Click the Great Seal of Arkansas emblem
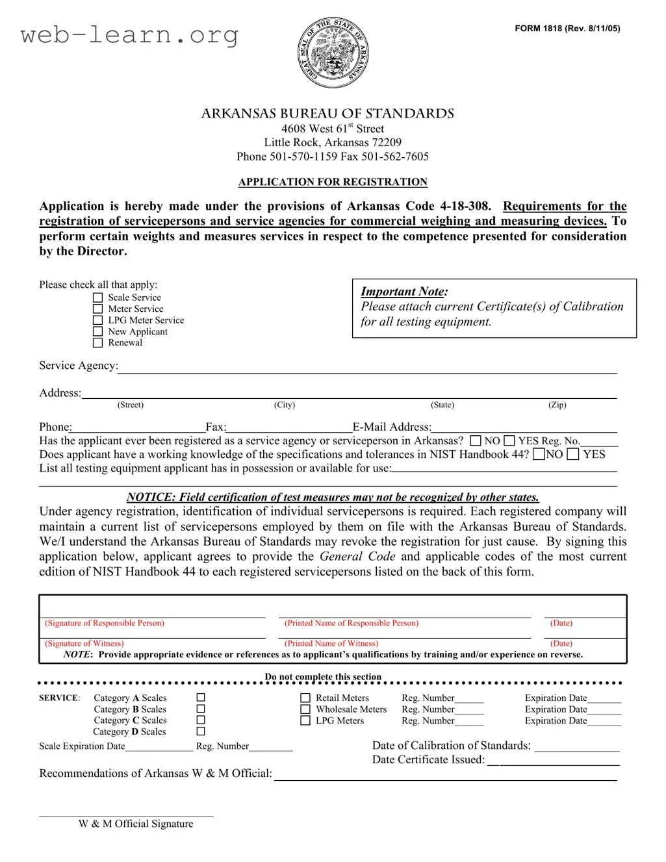click(x=333, y=53)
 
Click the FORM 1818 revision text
click(x=567, y=29)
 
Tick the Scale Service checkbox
click(x=98, y=298)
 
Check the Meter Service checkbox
click(x=98, y=309)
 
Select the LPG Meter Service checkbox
click(x=98, y=320)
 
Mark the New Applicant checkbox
click(x=98, y=332)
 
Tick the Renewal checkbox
click(x=98, y=343)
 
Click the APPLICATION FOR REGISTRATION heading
click(x=333, y=182)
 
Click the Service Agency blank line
click(x=367, y=368)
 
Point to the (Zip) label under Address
click(x=557, y=405)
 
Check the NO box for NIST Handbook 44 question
click(x=539, y=455)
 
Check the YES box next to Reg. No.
click(x=509, y=441)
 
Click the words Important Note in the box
click(x=403, y=292)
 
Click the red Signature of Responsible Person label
click(x=105, y=623)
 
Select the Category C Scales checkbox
click(x=201, y=720)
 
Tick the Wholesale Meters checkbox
click(x=305, y=709)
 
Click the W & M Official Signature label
click(x=136, y=824)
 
